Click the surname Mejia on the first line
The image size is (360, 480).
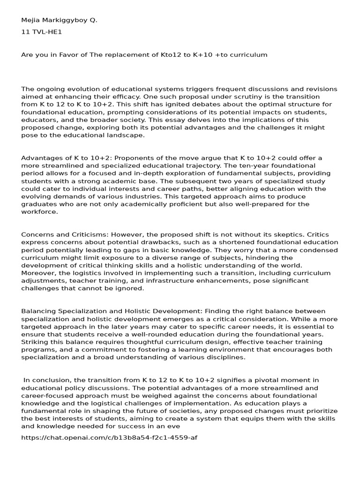click(30, 20)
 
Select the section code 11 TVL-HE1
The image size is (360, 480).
click(42, 32)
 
